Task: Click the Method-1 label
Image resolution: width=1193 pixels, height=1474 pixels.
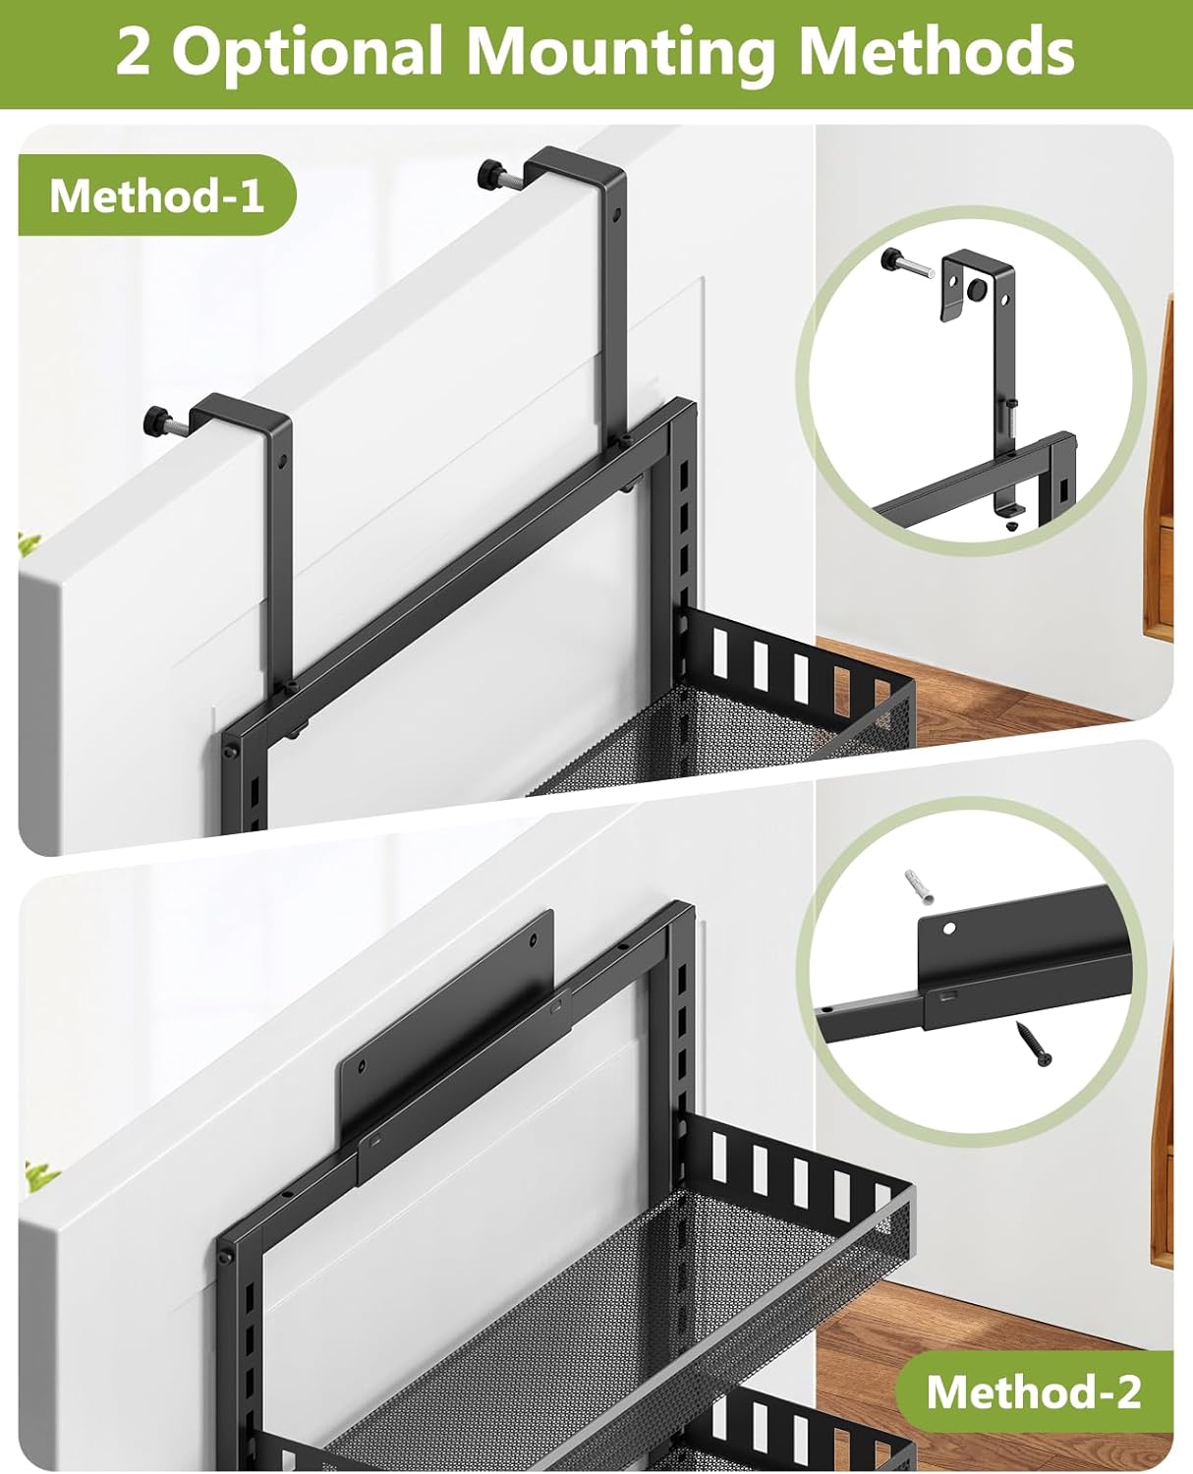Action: pos(156,196)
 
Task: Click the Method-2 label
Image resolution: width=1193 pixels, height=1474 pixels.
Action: pos(1034,1391)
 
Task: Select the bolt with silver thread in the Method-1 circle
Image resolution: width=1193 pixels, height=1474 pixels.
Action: pos(909,266)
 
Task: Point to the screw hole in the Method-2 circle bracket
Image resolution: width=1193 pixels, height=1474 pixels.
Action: pos(949,927)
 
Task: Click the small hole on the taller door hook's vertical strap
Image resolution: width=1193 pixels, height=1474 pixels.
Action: pos(616,213)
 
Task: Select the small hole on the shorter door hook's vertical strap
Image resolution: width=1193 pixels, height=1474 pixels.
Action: pos(283,459)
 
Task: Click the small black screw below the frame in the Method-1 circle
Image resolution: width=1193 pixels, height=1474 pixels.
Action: pos(1011,525)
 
